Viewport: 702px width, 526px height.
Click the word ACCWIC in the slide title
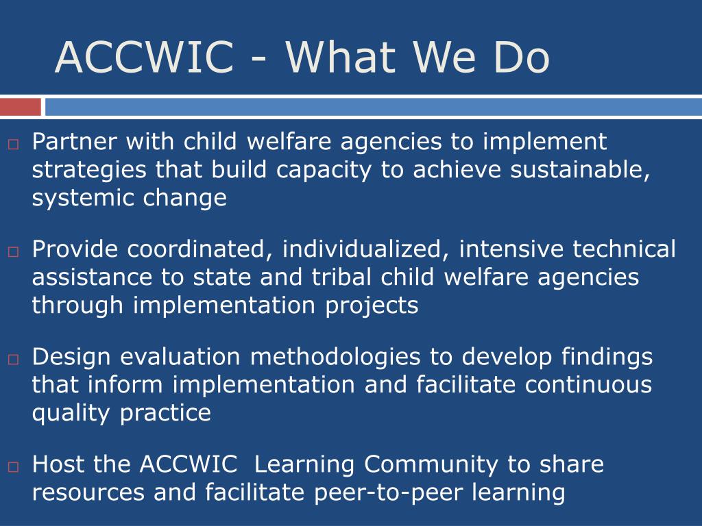coord(144,57)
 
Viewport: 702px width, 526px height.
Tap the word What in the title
coord(341,57)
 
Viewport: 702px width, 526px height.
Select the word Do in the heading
coord(521,57)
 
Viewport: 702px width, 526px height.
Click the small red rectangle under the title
coord(20,108)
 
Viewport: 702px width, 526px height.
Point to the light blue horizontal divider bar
coord(374,108)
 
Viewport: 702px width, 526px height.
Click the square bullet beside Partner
coord(13,145)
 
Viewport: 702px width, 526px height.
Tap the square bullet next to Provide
coord(13,252)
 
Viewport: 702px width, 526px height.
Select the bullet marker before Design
coord(13,359)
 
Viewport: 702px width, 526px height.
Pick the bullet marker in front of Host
coord(13,467)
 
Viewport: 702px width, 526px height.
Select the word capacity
coord(324,171)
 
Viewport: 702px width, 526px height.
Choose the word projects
coord(372,306)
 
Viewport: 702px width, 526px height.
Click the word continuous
coord(588,385)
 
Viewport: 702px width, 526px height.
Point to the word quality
coord(71,414)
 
